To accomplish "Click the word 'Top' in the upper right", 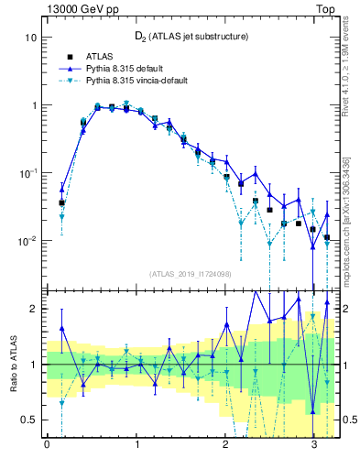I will coord(328,7).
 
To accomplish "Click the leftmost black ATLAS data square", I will coord(61,202).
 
